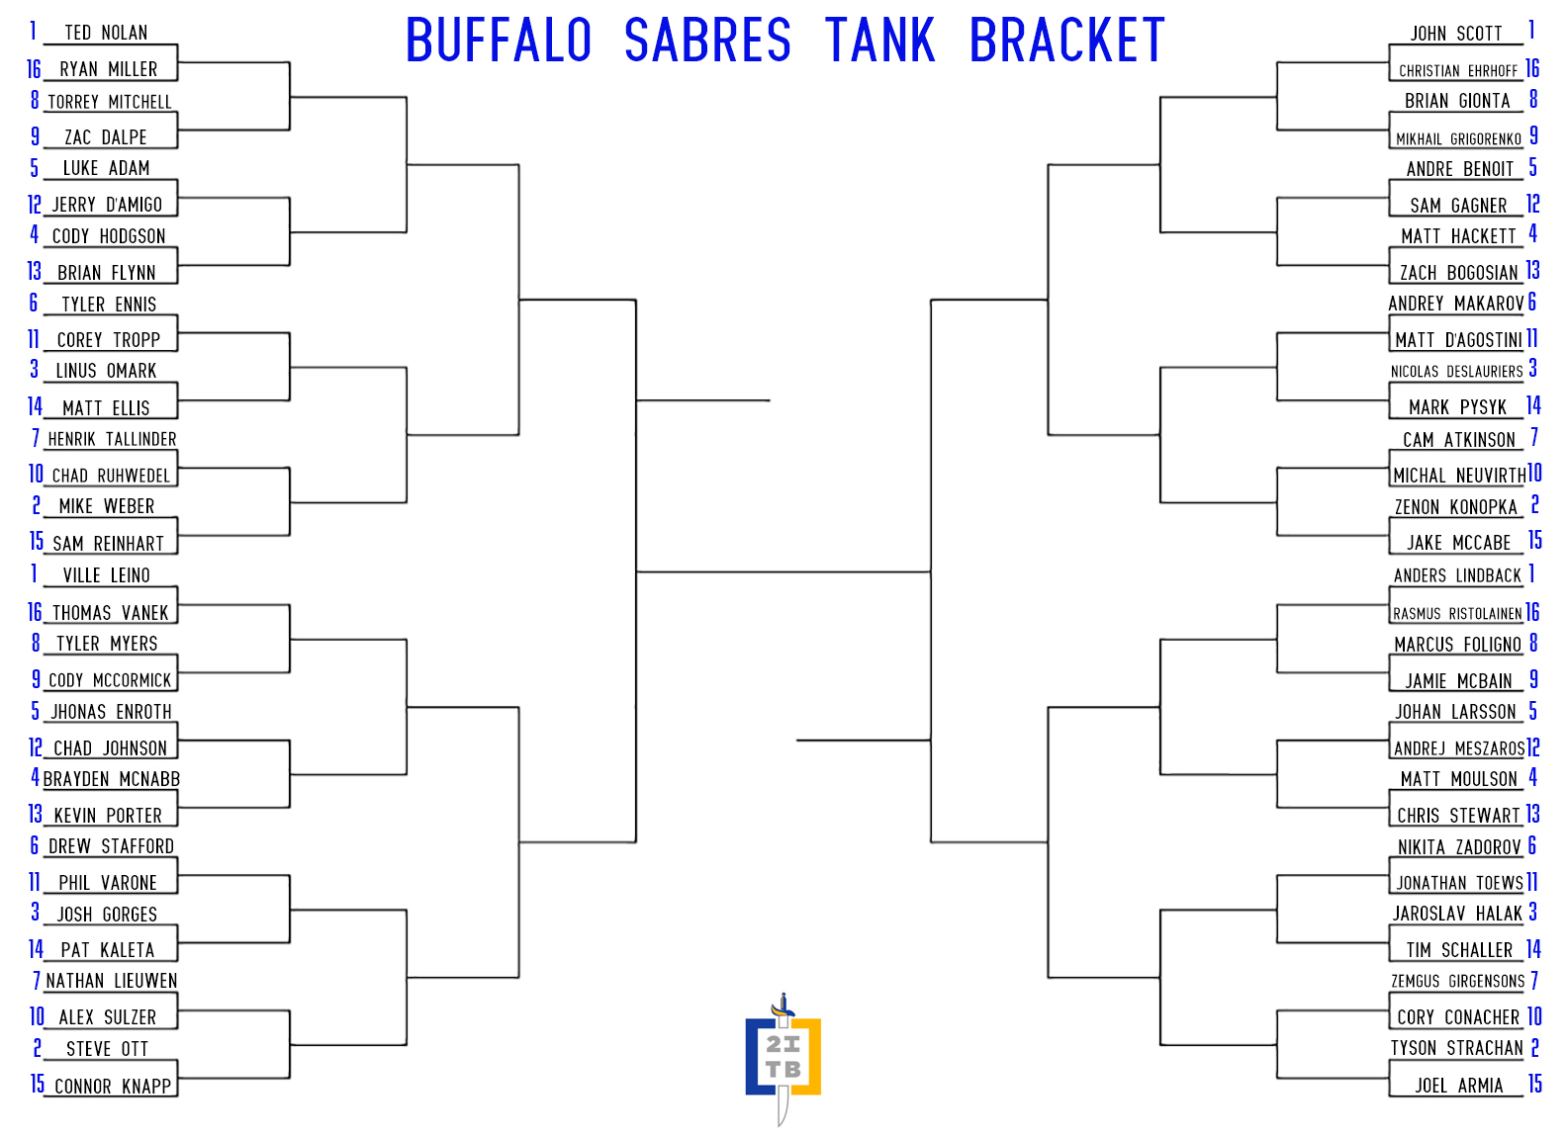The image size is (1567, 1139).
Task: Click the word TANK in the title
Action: (x=879, y=41)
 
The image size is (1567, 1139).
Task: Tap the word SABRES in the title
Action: (x=706, y=41)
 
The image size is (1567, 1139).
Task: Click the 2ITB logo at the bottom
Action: (x=783, y=1059)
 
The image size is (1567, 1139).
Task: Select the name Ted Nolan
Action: (x=106, y=33)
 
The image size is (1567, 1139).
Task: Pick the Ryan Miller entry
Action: (x=109, y=69)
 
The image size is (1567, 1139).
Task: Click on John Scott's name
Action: (x=1456, y=34)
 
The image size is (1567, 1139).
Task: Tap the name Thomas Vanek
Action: (x=111, y=613)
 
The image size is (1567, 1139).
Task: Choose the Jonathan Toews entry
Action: (x=1459, y=883)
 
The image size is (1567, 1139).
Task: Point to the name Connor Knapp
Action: (x=113, y=1087)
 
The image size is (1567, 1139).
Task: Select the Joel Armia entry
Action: (x=1458, y=1086)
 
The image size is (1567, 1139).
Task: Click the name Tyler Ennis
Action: (x=109, y=305)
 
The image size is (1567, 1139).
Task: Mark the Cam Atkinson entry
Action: (x=1458, y=440)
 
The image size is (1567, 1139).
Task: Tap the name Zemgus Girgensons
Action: (x=1457, y=982)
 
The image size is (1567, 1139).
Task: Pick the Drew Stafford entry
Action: (x=111, y=846)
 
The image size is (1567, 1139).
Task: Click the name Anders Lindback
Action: (x=1457, y=576)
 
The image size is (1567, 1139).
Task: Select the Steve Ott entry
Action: (x=107, y=1049)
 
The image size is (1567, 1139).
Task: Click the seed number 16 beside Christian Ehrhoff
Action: (x=1532, y=68)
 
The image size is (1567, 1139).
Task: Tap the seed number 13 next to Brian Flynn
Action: (x=35, y=271)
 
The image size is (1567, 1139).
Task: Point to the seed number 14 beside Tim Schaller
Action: (x=1533, y=949)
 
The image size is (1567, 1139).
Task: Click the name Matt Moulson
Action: (x=1458, y=780)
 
